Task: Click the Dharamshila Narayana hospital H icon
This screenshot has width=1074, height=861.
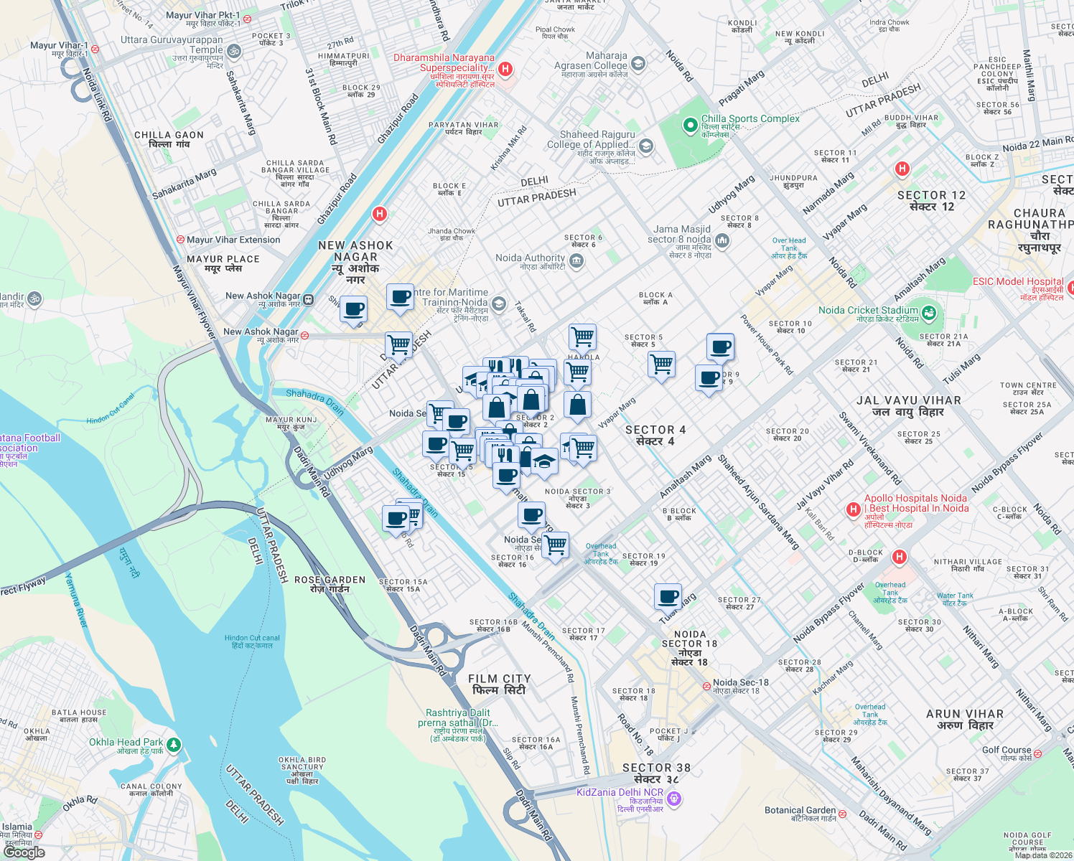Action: point(505,69)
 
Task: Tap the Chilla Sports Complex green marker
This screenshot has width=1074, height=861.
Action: point(690,126)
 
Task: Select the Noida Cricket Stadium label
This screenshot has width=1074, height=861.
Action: point(868,311)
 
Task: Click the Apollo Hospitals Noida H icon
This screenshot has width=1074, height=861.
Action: point(853,509)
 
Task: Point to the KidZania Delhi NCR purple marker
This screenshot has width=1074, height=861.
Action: point(673,798)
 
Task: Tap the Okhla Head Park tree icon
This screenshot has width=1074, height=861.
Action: point(173,745)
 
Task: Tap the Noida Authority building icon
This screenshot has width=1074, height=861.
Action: point(576,262)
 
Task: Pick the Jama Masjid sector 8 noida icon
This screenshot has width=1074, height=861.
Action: point(722,241)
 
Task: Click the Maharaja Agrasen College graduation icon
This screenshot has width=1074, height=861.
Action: point(638,64)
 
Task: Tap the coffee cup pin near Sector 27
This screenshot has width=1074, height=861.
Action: point(668,596)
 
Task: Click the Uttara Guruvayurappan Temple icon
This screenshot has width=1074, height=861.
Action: point(233,51)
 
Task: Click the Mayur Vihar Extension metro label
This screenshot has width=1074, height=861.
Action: point(233,240)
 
